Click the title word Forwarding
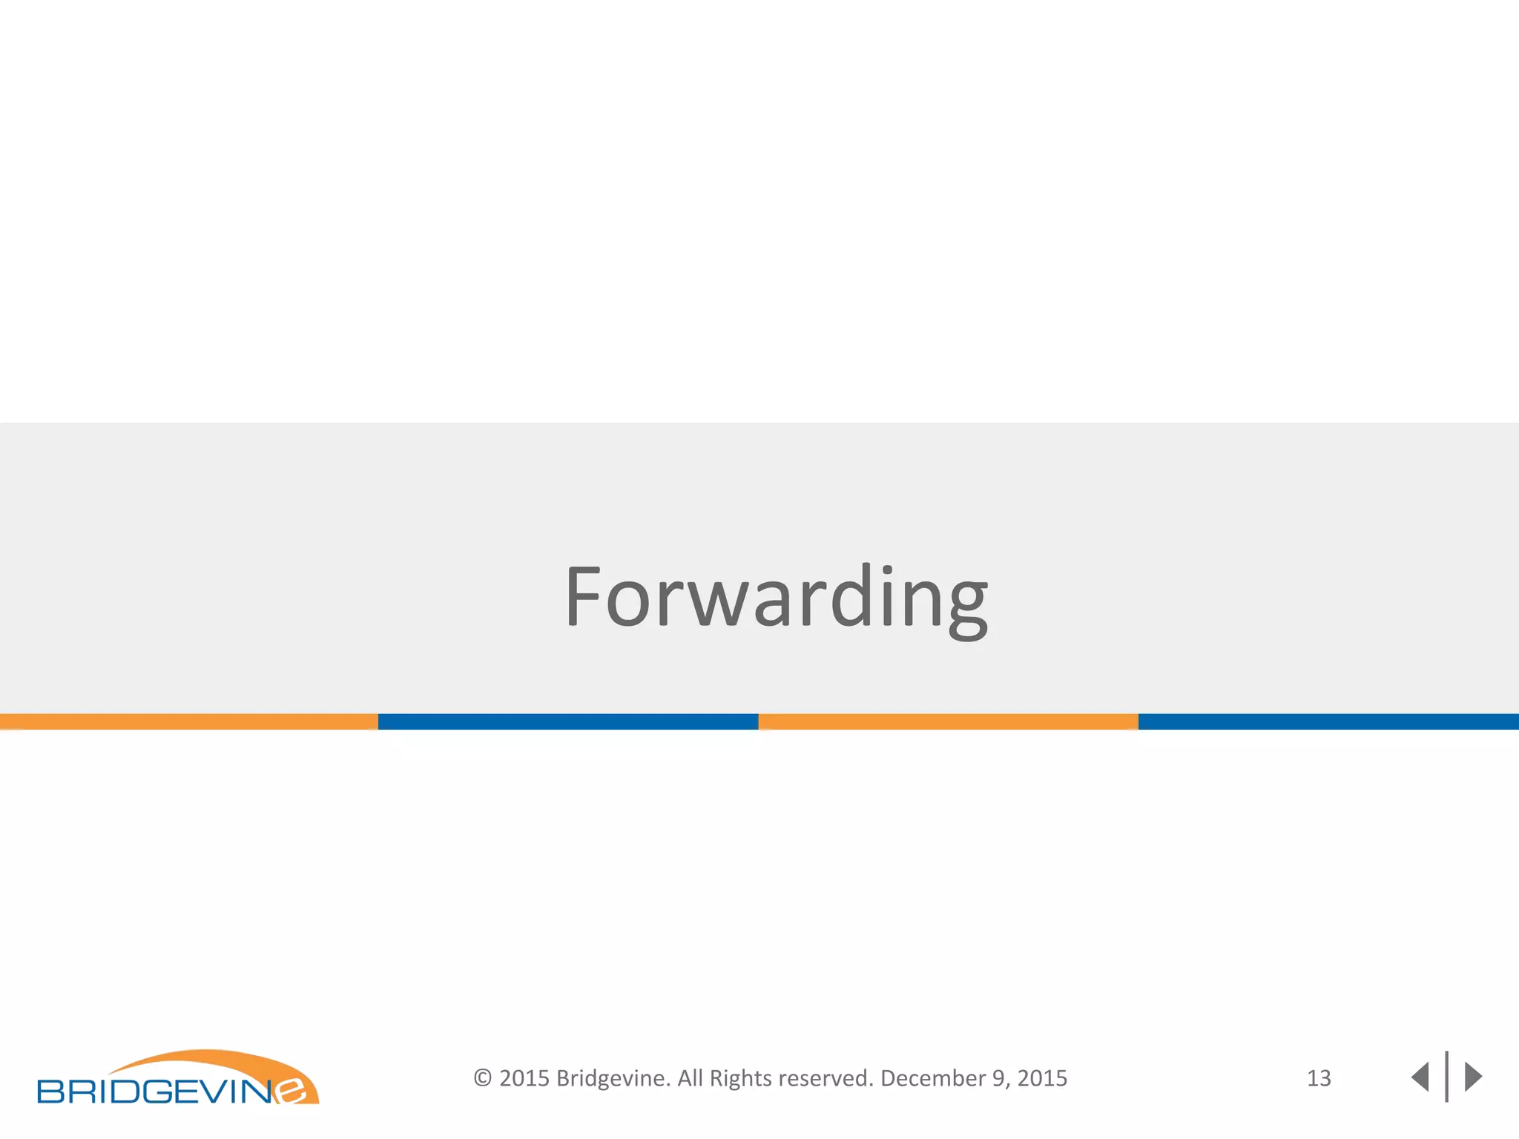tap(776, 597)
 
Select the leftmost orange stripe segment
tap(188, 722)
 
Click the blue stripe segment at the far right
tap(1328, 722)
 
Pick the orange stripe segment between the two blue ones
tap(948, 722)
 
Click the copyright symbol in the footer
tap(483, 1078)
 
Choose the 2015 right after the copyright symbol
tap(524, 1078)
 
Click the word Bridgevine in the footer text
tap(613, 1078)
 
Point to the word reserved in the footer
tap(826, 1078)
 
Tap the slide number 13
tap(1319, 1078)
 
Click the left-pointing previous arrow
tap(1420, 1077)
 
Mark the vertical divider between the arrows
tap(1446, 1077)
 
